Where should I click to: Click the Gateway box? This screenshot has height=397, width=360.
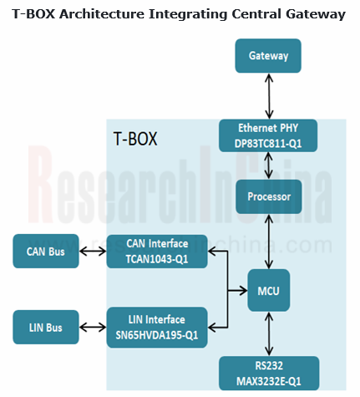click(x=268, y=56)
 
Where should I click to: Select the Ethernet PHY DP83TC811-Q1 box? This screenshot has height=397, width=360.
click(x=268, y=136)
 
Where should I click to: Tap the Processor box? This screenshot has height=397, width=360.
click(x=268, y=196)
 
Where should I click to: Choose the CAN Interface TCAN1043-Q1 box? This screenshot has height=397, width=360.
click(x=157, y=251)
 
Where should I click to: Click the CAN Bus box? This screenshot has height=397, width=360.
click(x=47, y=250)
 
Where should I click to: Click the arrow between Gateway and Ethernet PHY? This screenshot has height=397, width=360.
click(x=268, y=95)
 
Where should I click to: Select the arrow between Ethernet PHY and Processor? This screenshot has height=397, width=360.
click(x=268, y=166)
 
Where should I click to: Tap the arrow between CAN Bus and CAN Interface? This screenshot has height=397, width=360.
click(x=93, y=250)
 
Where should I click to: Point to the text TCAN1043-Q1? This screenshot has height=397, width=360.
click(x=157, y=258)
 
